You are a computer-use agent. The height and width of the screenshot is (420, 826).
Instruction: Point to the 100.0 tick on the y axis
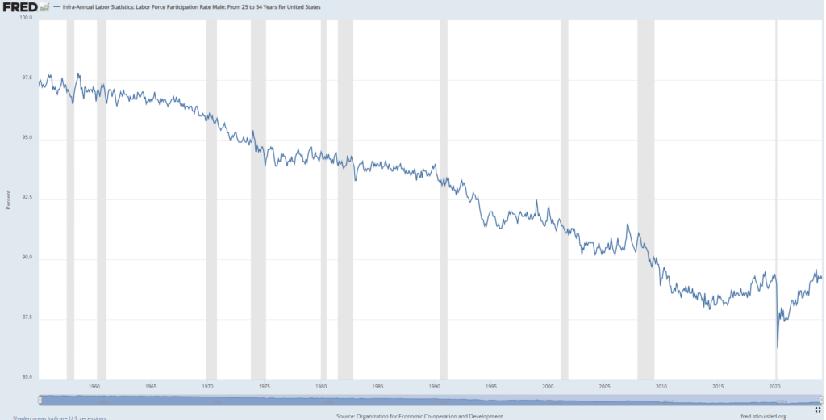click(x=25, y=17)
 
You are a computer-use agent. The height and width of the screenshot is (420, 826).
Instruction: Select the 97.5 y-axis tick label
click(x=25, y=78)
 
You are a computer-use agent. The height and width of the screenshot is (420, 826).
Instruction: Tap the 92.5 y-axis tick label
click(x=25, y=198)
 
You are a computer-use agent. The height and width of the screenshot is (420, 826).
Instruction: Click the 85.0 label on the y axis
click(x=25, y=377)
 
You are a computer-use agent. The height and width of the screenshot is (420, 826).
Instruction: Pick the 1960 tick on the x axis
click(x=95, y=387)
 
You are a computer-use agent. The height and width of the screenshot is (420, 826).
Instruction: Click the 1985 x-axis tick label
click(x=378, y=387)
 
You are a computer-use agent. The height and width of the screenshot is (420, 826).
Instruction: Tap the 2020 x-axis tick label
click(x=775, y=387)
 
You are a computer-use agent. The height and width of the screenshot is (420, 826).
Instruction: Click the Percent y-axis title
click(x=8, y=199)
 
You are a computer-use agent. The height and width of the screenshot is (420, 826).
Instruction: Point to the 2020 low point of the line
click(x=778, y=346)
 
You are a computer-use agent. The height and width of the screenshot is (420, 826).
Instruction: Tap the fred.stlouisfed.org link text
click(x=762, y=416)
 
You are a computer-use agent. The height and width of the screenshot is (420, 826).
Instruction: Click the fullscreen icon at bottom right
click(x=818, y=409)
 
